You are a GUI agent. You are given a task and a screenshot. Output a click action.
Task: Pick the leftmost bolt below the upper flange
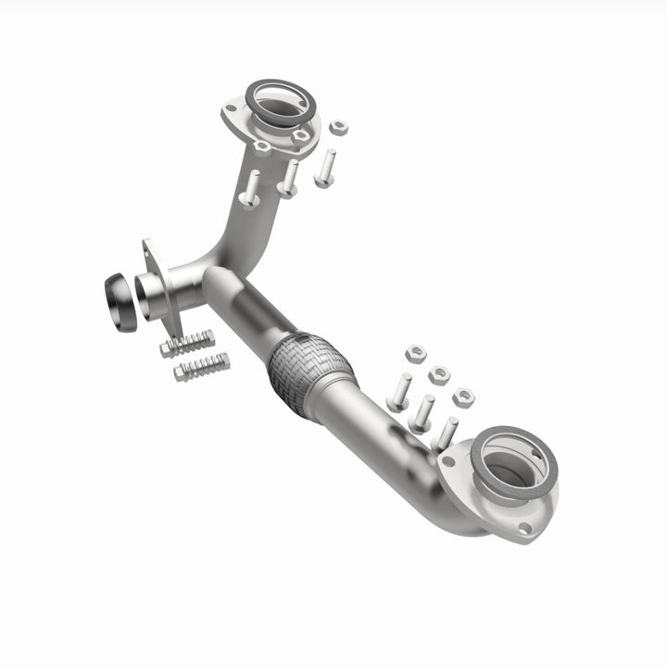point(250,189)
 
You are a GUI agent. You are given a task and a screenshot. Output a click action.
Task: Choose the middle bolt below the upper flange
point(289,179)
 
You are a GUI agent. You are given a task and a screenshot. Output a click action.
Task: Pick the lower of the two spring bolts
point(200,368)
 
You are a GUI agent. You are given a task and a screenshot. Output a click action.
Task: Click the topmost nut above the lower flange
point(416,353)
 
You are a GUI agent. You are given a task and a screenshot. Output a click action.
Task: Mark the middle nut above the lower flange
point(439,374)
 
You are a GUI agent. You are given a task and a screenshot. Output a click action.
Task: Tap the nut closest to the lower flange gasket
point(463,396)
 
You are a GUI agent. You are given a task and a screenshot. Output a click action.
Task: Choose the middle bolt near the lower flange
point(423,412)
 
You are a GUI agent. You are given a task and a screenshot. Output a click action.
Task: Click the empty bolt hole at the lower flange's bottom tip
point(526,529)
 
